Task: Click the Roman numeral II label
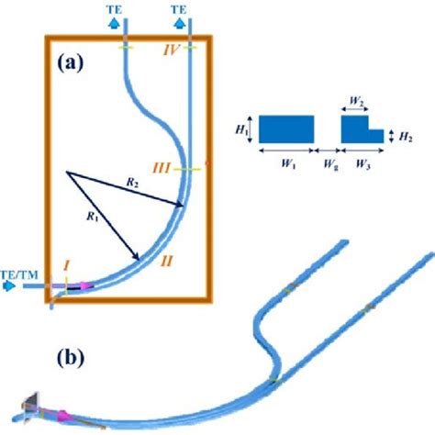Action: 167,262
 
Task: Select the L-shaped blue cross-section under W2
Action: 358,132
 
